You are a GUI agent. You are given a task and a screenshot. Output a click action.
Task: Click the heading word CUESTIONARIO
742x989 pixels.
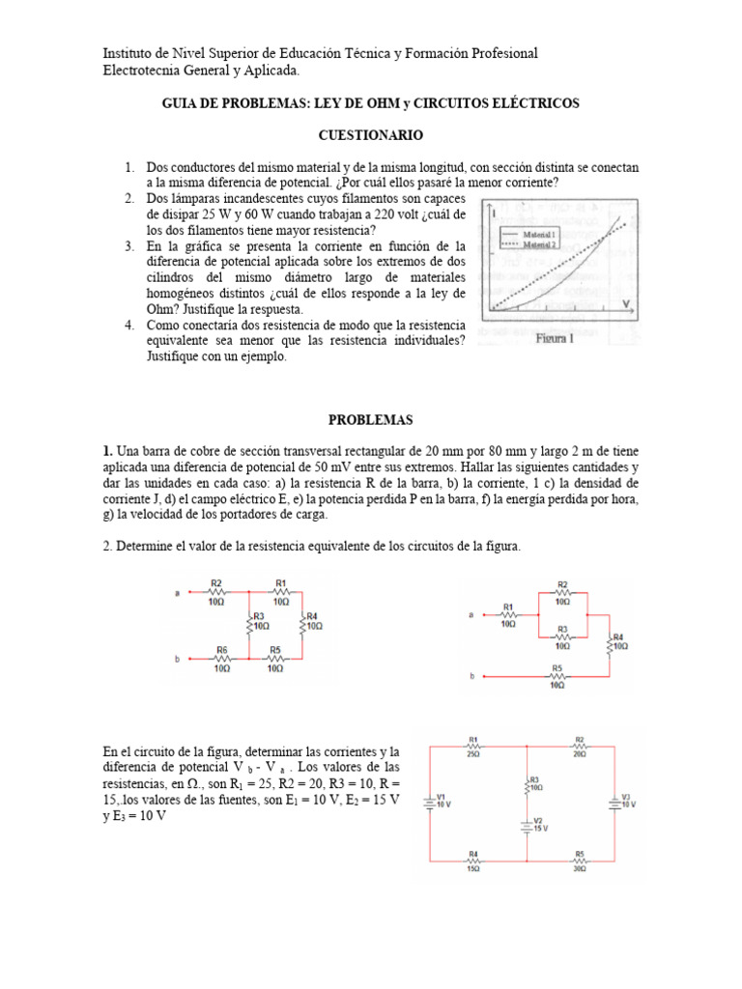(x=371, y=135)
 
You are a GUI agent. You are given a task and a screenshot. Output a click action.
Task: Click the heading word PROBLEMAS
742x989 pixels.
(x=370, y=419)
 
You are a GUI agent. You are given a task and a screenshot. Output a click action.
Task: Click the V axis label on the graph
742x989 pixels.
(x=627, y=302)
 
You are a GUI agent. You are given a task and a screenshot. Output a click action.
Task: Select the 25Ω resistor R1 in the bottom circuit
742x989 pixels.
(x=474, y=747)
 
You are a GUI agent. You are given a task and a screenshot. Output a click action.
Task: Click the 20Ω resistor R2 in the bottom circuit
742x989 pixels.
(x=579, y=747)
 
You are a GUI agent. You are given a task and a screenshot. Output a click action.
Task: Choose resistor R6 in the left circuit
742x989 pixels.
(x=222, y=661)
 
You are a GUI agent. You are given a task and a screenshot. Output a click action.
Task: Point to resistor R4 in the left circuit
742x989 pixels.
(x=304, y=624)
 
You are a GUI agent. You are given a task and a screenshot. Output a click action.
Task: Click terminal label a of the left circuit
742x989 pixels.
(x=178, y=595)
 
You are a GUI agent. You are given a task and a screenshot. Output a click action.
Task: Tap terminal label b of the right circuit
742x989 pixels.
(x=472, y=677)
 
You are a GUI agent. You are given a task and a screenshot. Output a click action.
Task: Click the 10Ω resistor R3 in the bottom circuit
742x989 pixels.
(x=528, y=783)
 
